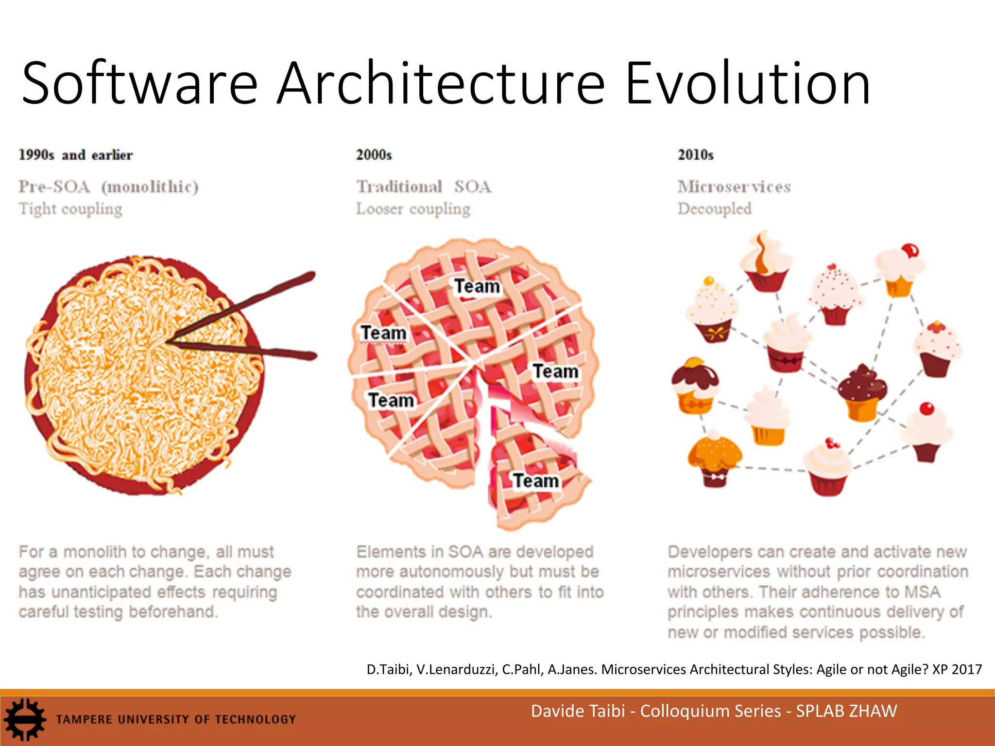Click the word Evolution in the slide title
tap(748, 84)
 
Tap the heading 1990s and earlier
tap(75, 155)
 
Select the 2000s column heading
tap(374, 155)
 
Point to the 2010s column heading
tap(696, 155)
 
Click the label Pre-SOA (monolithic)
tap(108, 186)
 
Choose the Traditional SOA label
tap(424, 186)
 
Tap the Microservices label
tap(734, 186)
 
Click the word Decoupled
tap(715, 209)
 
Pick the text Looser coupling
tap(413, 209)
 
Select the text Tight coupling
tap(70, 209)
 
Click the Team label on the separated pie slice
tap(536, 481)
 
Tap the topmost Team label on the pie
tap(477, 286)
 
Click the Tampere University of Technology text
tap(176, 719)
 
